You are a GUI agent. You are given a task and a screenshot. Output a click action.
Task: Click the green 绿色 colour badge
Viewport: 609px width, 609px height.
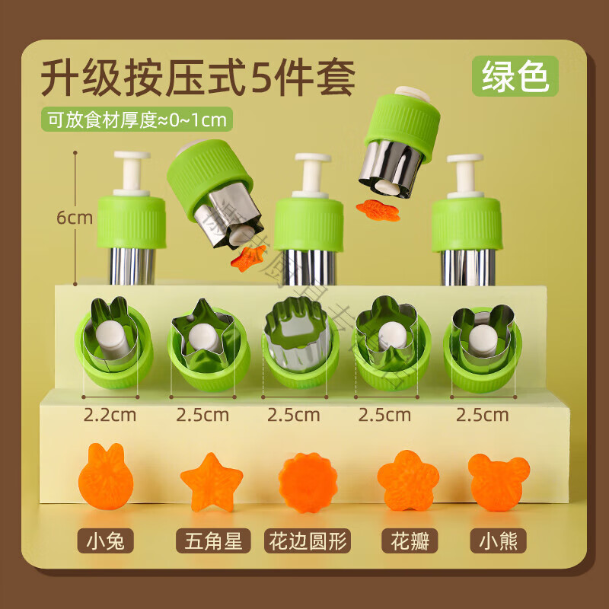(x=515, y=78)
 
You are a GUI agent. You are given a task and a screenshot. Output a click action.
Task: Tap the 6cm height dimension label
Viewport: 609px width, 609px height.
(x=74, y=218)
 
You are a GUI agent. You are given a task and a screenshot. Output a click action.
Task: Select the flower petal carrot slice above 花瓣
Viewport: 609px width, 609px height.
(x=407, y=481)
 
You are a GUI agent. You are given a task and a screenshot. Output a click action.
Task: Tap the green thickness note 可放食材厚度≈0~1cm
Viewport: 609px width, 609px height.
(x=137, y=120)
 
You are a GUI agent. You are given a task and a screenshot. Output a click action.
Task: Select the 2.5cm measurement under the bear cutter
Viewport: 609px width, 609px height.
(x=481, y=415)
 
